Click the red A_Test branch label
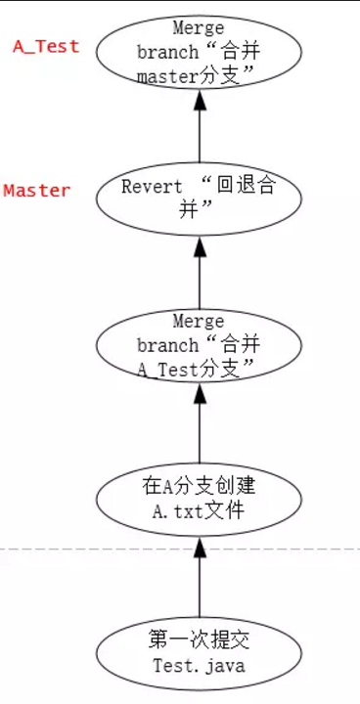tap(46, 46)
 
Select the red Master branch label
tap(37, 191)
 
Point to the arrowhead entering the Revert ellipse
tap(200, 248)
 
